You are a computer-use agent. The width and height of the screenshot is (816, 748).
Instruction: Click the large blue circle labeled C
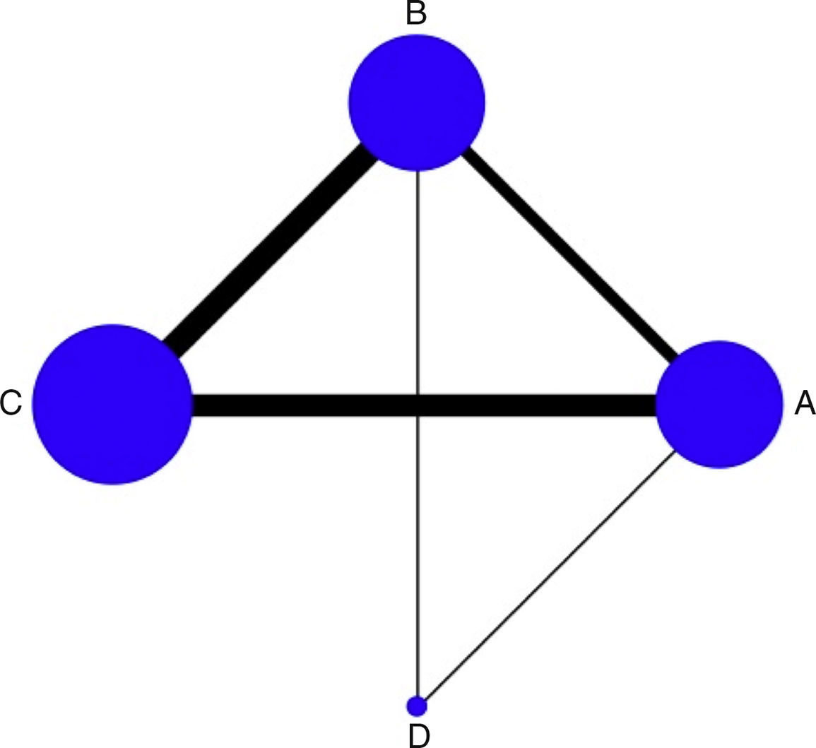(x=112, y=404)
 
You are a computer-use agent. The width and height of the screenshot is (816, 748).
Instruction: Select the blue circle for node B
(x=417, y=102)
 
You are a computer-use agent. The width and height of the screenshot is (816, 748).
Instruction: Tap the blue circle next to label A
(x=719, y=404)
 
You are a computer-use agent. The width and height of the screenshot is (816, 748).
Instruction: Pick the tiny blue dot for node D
(x=418, y=705)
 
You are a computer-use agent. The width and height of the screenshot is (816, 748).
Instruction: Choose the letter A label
(x=805, y=404)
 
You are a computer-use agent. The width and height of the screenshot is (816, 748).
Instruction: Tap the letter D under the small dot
(x=418, y=736)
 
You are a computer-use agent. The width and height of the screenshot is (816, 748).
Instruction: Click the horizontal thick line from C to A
(x=318, y=405)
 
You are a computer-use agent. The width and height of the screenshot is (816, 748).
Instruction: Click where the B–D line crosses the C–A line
(x=418, y=405)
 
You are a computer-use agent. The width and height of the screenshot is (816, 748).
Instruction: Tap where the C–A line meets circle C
(x=192, y=405)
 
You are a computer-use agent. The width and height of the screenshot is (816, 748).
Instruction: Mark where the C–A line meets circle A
(x=657, y=405)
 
